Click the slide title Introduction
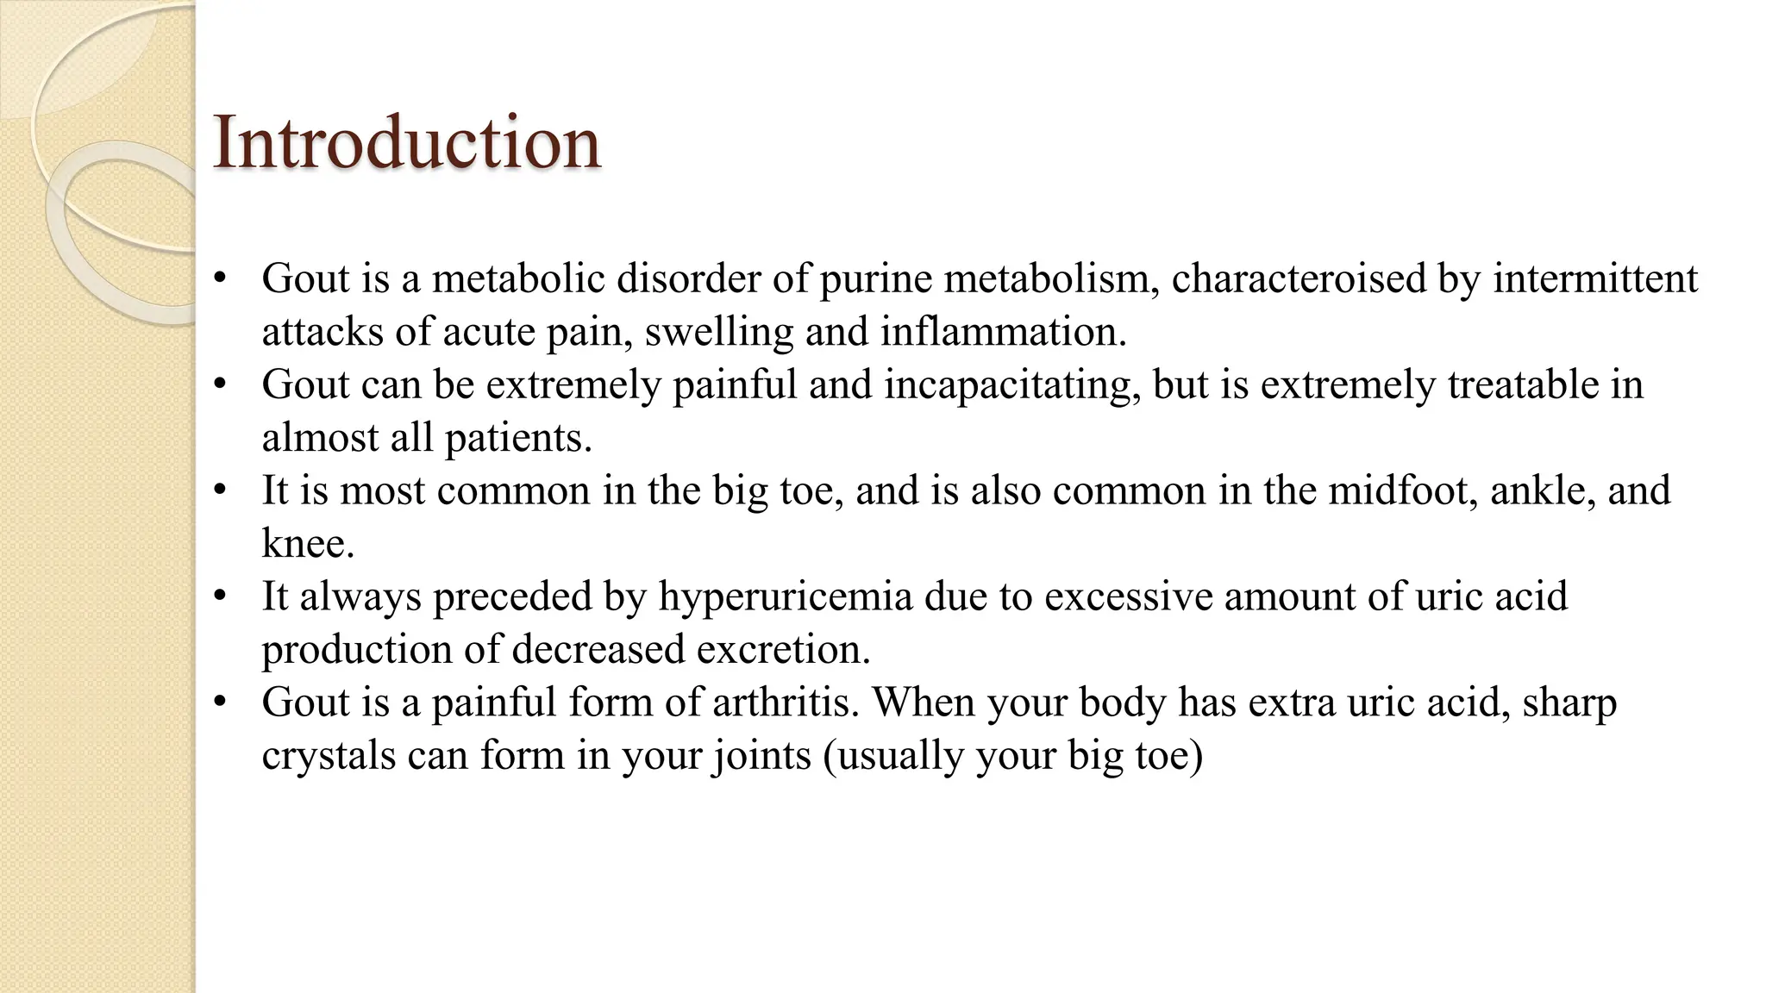click(x=406, y=141)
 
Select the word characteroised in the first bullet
click(x=1298, y=278)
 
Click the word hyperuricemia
click(x=786, y=596)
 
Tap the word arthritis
click(x=786, y=702)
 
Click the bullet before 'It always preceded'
click(x=221, y=596)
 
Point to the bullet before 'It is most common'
click(x=221, y=490)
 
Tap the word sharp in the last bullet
click(x=1569, y=703)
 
